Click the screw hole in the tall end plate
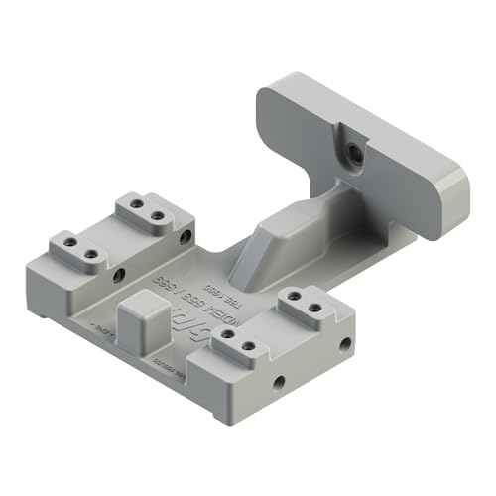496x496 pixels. coord(354,152)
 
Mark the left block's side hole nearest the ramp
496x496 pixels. coord(186,238)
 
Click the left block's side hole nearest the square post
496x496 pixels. coord(119,273)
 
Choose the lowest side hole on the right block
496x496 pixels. coord(279,381)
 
